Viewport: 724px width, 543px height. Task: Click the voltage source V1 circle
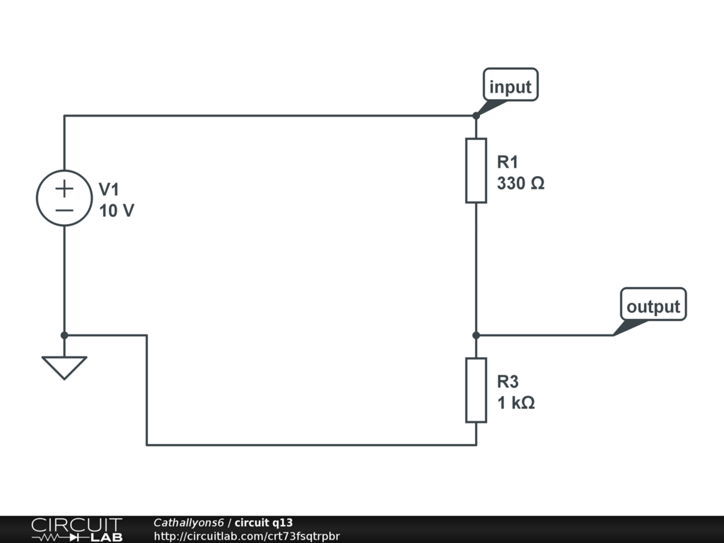(x=64, y=199)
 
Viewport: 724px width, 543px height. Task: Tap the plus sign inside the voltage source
(x=64, y=189)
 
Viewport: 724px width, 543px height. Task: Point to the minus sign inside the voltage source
(x=64, y=210)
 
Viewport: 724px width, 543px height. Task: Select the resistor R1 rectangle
(x=476, y=170)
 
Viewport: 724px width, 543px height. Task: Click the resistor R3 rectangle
(x=476, y=390)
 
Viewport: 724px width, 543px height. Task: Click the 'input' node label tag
(x=510, y=87)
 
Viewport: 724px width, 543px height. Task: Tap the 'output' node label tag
(x=653, y=306)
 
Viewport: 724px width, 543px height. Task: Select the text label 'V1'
(x=110, y=189)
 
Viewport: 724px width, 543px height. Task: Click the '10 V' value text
(x=116, y=211)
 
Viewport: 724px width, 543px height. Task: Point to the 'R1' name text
(x=508, y=162)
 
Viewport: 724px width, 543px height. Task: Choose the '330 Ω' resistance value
(x=520, y=184)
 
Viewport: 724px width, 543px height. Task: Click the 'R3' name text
(x=508, y=382)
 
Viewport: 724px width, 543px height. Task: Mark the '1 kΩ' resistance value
(x=515, y=403)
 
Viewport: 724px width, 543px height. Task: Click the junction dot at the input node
(x=476, y=115)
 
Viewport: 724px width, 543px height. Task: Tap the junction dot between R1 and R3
(x=476, y=335)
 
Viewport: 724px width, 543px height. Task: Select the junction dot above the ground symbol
(x=64, y=335)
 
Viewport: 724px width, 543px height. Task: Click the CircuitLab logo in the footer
(x=76, y=530)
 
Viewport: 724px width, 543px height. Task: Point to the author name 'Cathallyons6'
(x=188, y=522)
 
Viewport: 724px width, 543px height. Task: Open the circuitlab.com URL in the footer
(x=246, y=536)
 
